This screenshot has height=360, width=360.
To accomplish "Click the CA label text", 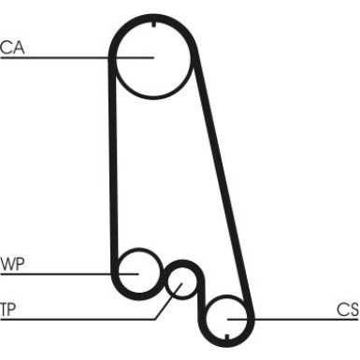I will [12, 46].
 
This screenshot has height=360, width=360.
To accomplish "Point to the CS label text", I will [346, 310].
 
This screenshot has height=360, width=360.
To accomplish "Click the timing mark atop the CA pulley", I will [151, 22].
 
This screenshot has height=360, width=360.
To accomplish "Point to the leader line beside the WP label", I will [65, 273].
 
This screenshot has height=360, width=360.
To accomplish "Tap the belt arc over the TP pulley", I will [182, 265].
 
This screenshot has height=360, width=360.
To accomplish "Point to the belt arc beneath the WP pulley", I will [137, 291].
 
